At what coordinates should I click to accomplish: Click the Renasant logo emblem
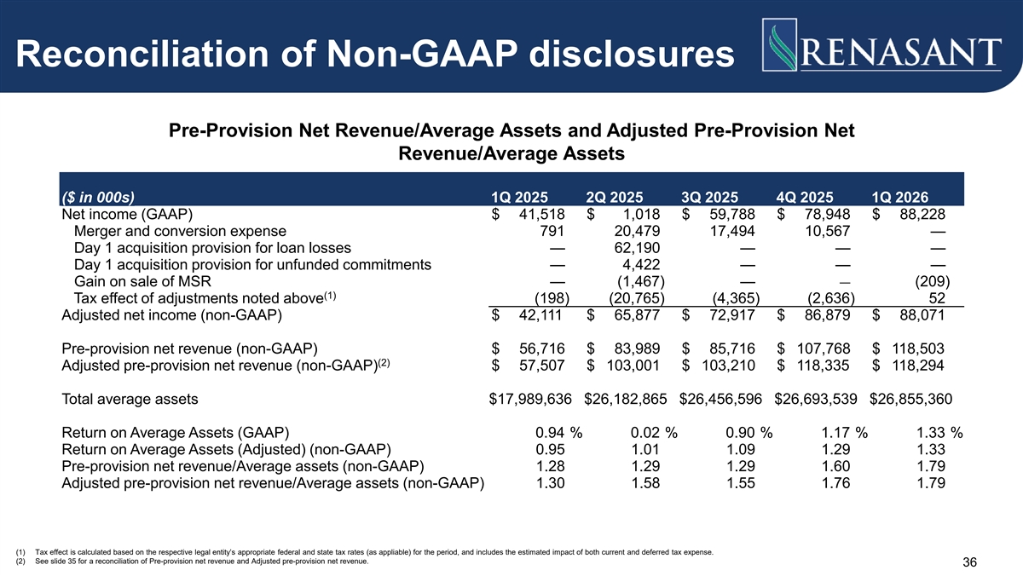coord(779,44)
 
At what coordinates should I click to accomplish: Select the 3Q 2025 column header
coord(709,197)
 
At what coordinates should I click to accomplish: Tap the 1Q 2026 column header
coord(899,197)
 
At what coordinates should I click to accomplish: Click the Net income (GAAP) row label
coord(127,215)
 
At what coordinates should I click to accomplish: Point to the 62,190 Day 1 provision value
coord(637,248)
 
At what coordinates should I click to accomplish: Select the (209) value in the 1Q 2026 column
coord(932,282)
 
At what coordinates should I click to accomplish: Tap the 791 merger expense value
coord(552,231)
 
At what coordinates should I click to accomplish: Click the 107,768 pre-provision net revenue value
coord(824,348)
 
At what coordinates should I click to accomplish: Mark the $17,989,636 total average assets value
coord(530,399)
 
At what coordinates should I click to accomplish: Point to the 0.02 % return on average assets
coord(654,433)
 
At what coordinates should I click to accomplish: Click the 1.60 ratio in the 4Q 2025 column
coord(835,466)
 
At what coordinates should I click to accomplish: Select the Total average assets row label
coord(130,400)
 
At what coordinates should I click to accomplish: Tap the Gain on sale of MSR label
coord(142,282)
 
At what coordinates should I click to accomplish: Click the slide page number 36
coord(969,562)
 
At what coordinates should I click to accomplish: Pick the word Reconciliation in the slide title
coord(142,55)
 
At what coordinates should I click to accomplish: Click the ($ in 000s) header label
coord(98,197)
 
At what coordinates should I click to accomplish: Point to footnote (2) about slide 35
coord(193,562)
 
